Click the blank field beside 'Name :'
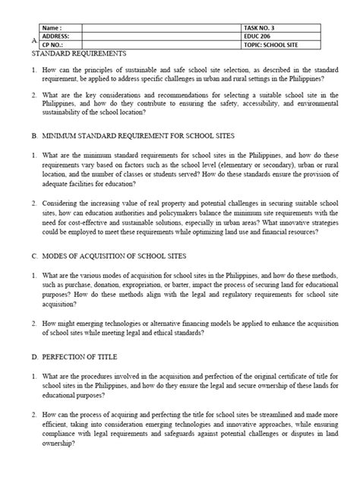(156, 27)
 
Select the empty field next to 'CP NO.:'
(156, 45)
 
